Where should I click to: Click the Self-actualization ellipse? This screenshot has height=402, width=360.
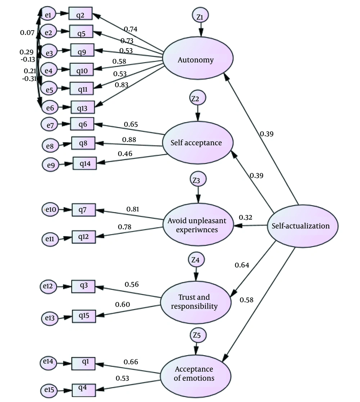point(303,225)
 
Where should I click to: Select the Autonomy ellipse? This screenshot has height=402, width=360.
point(198,58)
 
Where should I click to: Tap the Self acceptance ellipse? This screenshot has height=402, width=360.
point(198,142)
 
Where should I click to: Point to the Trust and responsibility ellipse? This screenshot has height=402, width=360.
point(196,302)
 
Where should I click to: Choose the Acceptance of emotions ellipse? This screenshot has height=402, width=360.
point(195,376)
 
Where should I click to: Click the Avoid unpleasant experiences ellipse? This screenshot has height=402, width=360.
point(198,224)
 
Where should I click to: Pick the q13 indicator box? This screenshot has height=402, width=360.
point(83,108)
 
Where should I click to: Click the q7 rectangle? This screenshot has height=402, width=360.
point(84,210)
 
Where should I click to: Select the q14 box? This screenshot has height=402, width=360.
point(85,163)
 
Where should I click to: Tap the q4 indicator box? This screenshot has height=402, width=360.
point(84,390)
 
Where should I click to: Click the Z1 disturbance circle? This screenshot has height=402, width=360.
point(201,15)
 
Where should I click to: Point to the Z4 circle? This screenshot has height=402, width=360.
point(196,260)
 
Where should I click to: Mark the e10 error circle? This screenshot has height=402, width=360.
point(50,209)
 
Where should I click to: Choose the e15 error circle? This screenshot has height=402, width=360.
point(49,390)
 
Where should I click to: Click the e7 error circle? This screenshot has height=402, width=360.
point(49,124)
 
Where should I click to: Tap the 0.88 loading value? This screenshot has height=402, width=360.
point(129,140)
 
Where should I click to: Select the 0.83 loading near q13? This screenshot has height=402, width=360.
point(121,84)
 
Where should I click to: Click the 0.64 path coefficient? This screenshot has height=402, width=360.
point(242,265)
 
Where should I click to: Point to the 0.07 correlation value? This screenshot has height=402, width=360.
point(27,33)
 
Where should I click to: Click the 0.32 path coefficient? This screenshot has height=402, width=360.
point(246,217)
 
